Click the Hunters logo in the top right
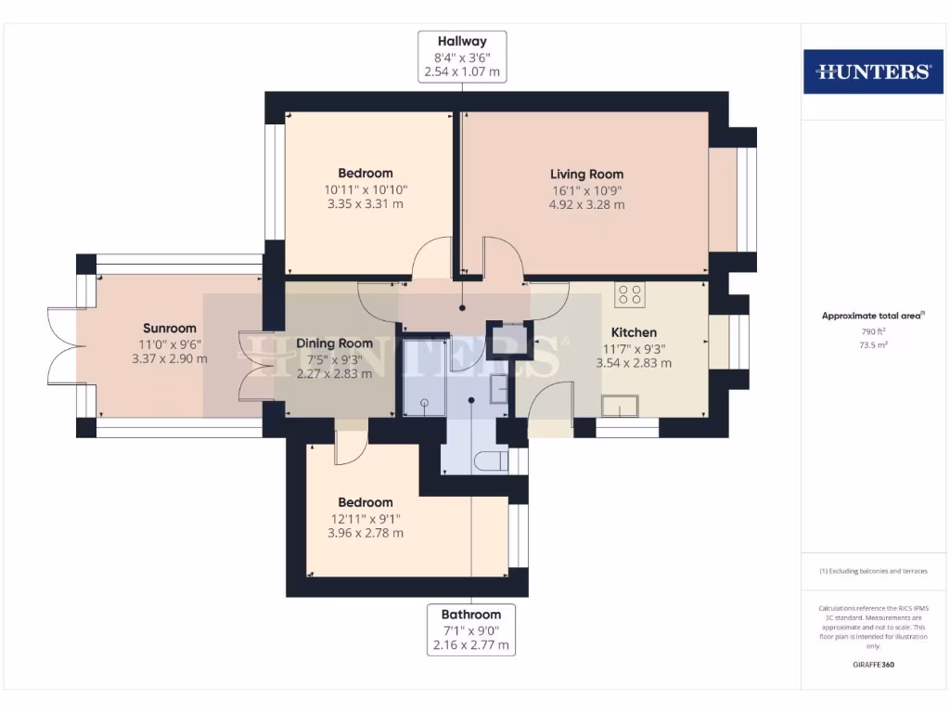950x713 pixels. click(872, 71)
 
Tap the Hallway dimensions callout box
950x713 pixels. click(463, 57)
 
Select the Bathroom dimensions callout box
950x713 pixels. click(471, 629)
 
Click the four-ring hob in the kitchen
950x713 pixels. click(630, 294)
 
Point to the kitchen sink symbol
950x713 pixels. click(620, 407)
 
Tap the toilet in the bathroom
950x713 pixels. click(489, 461)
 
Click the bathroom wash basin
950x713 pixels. click(497, 390)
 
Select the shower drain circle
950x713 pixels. click(424, 403)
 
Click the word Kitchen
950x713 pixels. click(634, 332)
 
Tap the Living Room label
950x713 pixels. click(586, 174)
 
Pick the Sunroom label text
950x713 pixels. click(170, 328)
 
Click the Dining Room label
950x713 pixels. click(334, 344)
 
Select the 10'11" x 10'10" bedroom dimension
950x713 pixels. click(366, 189)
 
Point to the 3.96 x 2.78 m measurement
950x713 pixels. click(365, 534)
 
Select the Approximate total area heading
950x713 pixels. click(872, 316)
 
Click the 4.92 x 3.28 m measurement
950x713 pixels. click(586, 204)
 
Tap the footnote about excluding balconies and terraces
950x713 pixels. click(872, 571)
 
